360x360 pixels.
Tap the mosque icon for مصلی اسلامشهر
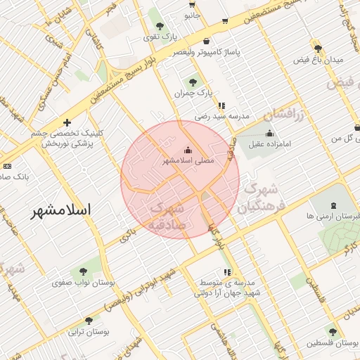click(187, 150)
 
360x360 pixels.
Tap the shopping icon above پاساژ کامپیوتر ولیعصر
click(205, 41)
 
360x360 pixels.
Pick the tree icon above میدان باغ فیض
click(319, 48)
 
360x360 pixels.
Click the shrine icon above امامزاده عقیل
click(269, 133)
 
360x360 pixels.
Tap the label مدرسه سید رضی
click(222, 117)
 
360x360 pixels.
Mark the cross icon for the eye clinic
click(67, 122)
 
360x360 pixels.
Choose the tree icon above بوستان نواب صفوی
click(84, 270)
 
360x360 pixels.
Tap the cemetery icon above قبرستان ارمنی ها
click(333, 205)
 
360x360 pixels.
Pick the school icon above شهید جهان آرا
click(227, 271)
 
